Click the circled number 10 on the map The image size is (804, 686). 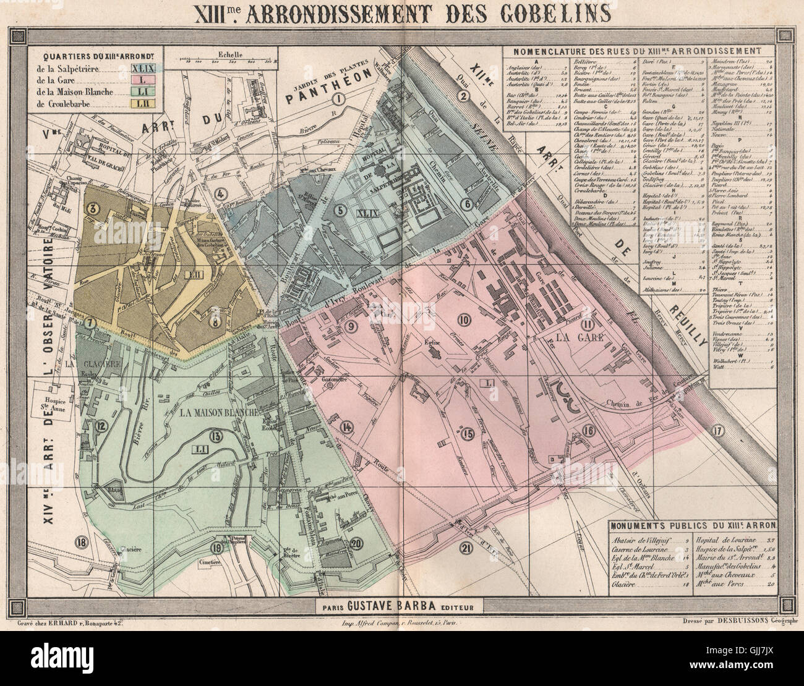(463, 319)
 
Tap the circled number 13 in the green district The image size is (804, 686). (216, 436)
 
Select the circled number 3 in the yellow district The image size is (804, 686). (92, 209)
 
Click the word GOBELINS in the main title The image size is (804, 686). (547, 12)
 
